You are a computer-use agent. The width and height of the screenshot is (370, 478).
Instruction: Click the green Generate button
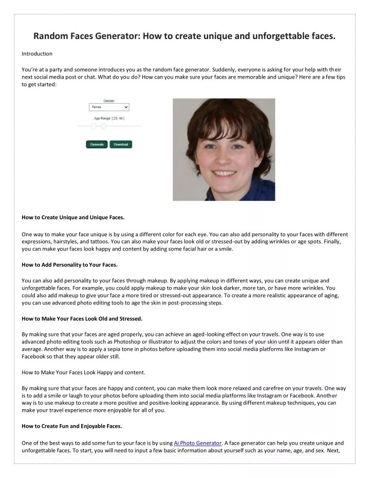click(x=97, y=144)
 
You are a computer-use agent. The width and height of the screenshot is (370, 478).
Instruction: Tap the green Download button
click(x=121, y=144)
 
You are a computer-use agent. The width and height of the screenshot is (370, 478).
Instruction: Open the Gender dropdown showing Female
click(x=109, y=107)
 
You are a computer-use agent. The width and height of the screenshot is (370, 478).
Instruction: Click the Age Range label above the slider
click(x=108, y=118)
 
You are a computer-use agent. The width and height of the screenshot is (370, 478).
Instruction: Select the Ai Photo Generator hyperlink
click(x=198, y=443)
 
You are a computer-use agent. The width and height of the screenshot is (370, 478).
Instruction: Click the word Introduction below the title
click(x=37, y=53)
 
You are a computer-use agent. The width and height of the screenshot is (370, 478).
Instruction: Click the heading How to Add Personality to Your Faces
click(x=69, y=264)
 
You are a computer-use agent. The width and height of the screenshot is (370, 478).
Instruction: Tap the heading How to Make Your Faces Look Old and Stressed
click(x=82, y=318)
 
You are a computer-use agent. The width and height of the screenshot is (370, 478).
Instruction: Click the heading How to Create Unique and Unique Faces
click(x=72, y=217)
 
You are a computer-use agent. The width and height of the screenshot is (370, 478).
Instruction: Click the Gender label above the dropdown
click(x=109, y=101)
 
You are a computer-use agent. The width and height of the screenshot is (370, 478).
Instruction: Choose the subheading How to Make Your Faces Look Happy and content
click(x=83, y=372)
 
